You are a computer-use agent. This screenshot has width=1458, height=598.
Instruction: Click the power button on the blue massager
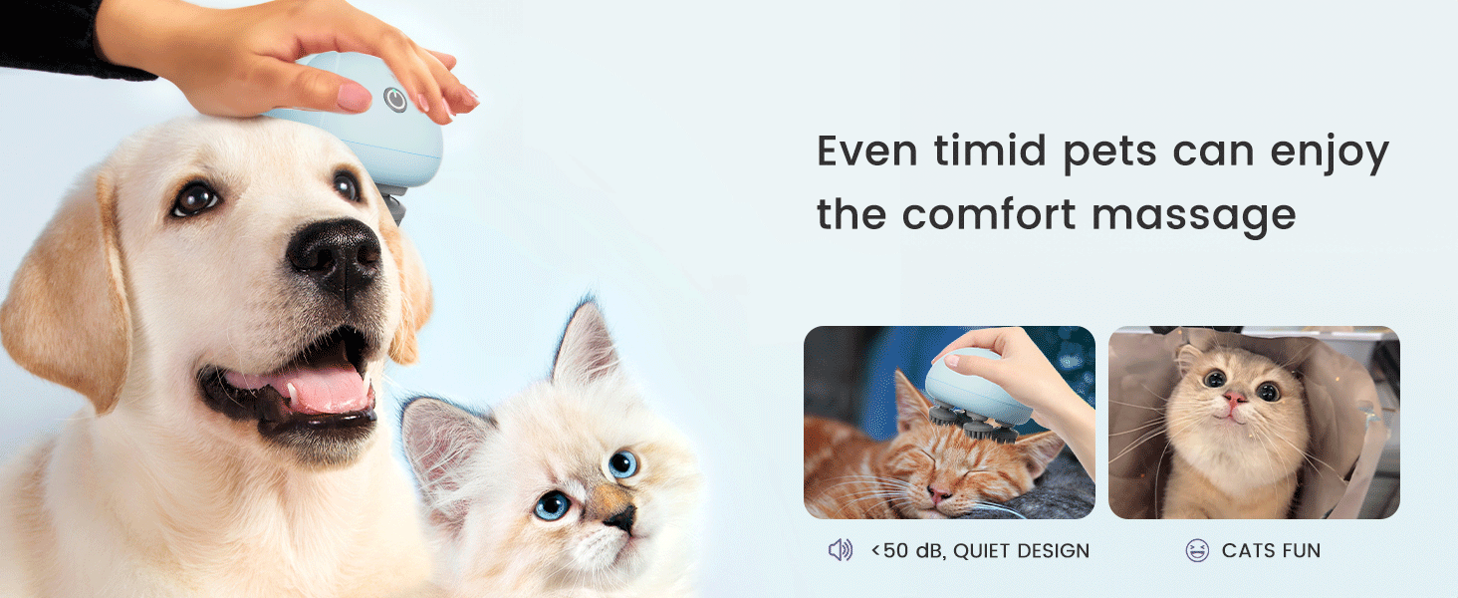[395, 100]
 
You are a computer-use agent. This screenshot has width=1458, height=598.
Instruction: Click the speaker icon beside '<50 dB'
[841, 550]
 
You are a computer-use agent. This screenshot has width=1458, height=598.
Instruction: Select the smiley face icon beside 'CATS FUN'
[1197, 550]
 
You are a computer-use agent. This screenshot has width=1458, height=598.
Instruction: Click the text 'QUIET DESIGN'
[1021, 550]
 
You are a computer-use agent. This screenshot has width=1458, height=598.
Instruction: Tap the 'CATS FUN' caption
[1271, 550]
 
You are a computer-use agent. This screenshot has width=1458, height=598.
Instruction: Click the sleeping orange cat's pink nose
[940, 492]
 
